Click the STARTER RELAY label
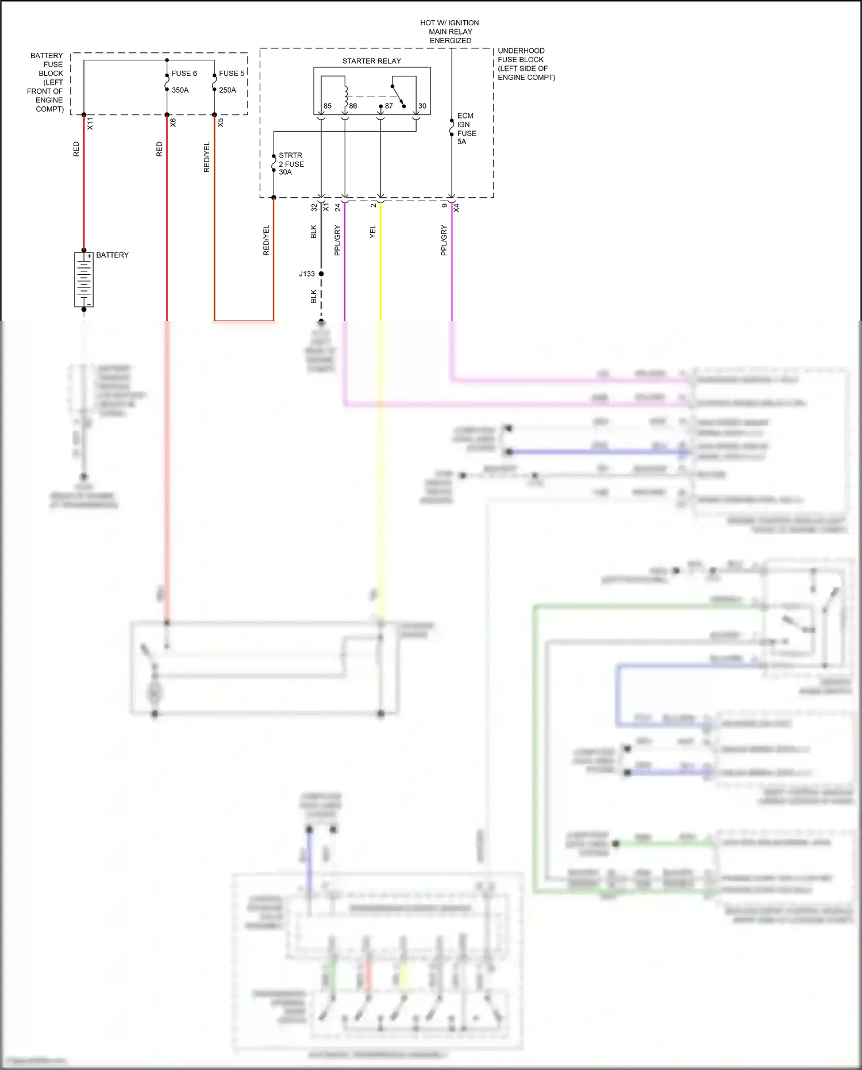point(371,61)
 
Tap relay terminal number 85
point(327,106)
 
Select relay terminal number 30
point(422,106)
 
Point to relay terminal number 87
point(389,106)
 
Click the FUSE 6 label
point(184,74)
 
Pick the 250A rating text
point(227,90)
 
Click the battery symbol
point(84,279)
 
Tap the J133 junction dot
point(321,274)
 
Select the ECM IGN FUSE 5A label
point(465,129)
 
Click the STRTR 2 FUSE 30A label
point(291,164)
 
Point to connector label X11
point(90,122)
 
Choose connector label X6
point(173,122)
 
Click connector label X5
point(220,122)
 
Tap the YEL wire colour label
point(372,232)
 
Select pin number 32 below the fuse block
point(314,207)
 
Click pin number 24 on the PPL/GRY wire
point(337,207)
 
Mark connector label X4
point(456,208)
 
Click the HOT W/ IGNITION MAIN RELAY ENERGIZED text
point(449,32)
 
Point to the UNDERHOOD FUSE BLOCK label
point(525,64)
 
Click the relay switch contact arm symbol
point(398,96)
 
